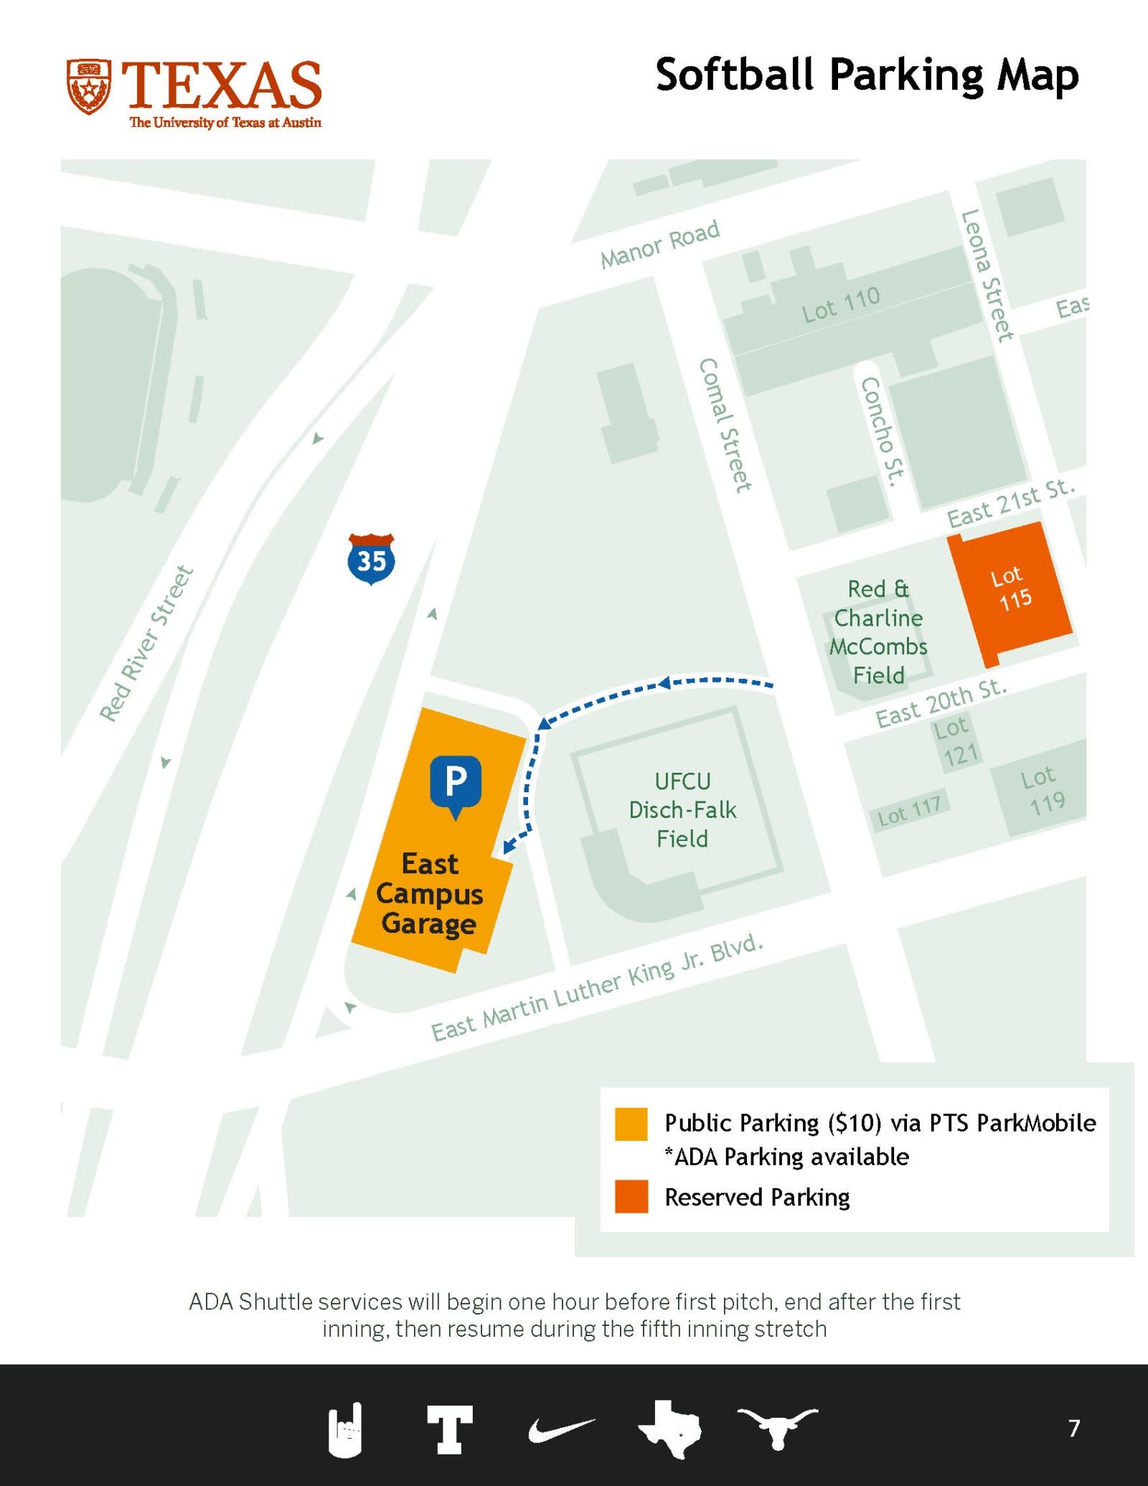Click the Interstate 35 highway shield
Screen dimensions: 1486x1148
[371, 559]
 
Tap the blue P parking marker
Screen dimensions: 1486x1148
[456, 784]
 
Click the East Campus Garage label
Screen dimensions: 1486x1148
[429, 893]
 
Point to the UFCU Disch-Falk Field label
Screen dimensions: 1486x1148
[682, 810]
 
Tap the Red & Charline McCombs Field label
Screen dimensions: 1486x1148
[878, 632]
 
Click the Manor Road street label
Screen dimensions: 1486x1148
[660, 244]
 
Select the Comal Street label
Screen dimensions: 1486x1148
[725, 425]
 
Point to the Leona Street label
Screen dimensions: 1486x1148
[988, 275]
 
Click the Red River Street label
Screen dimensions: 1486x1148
[146, 643]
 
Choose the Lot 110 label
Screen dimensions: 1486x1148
[841, 304]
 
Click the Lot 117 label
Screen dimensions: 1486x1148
[909, 811]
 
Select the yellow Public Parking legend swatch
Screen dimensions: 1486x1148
[631, 1124]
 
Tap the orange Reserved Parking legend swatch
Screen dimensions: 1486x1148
[631, 1196]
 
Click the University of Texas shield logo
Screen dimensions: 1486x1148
[89, 87]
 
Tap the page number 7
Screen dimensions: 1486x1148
[1073, 1428]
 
